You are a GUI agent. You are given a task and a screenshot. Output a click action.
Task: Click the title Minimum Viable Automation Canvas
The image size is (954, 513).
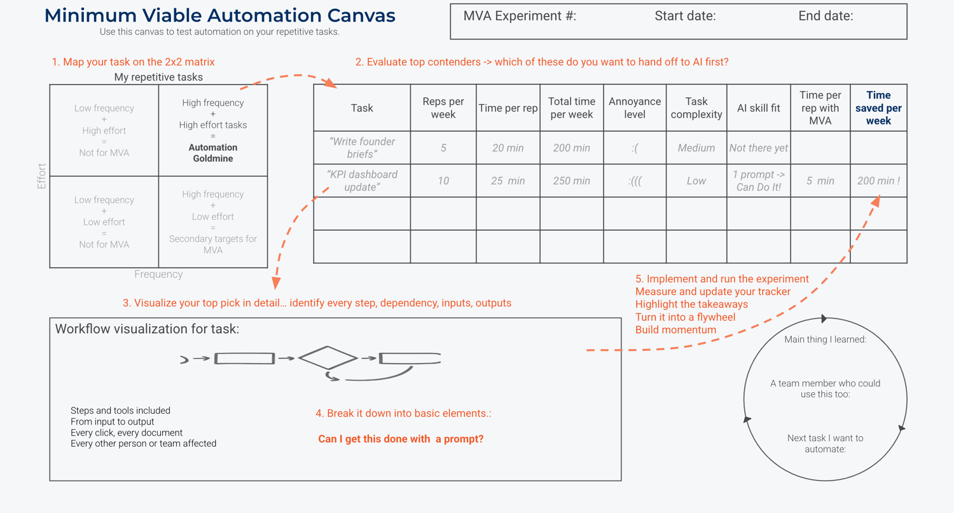click(219, 16)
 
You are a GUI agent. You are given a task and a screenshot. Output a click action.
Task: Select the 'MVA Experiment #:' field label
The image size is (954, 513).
click(520, 17)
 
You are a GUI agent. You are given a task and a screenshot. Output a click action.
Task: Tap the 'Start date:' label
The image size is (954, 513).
click(685, 17)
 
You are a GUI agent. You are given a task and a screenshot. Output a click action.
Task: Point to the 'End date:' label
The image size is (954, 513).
click(826, 17)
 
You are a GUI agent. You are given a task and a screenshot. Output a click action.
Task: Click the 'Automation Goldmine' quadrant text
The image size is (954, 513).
click(213, 153)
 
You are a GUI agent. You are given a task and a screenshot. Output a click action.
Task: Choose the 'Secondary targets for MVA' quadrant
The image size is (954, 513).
click(213, 244)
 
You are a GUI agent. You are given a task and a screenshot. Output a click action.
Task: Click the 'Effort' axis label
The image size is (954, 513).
click(42, 176)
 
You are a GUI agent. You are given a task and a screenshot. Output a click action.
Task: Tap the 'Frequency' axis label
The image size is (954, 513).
click(158, 274)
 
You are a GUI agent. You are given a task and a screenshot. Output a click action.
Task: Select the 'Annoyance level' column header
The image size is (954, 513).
click(634, 108)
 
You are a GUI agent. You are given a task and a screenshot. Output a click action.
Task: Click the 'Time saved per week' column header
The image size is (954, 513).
click(878, 108)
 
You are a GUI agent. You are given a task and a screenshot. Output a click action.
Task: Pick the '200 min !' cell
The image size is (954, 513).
click(878, 181)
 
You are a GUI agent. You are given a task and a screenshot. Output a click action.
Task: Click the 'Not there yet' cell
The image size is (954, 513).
click(758, 148)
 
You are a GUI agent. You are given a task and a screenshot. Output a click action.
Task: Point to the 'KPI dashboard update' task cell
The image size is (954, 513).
click(362, 181)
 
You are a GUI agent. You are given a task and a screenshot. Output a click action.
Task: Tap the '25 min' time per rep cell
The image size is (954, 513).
click(508, 181)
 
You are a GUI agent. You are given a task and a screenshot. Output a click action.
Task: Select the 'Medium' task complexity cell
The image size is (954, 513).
click(696, 148)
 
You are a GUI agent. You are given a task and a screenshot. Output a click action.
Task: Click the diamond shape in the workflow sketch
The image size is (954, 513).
click(328, 358)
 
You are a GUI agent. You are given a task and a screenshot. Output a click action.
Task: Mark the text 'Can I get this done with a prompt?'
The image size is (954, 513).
click(401, 439)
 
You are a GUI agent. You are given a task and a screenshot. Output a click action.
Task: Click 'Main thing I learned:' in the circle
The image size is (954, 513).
click(825, 339)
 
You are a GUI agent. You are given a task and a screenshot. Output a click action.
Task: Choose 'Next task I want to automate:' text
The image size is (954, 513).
click(825, 444)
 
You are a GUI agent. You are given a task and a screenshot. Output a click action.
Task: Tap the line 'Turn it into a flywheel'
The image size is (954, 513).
click(685, 317)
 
